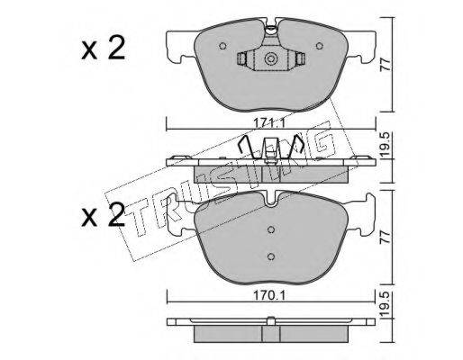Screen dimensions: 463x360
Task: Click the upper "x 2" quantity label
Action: tap(103, 49)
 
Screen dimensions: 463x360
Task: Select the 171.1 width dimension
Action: tap(268, 122)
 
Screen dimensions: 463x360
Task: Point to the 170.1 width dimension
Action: tap(268, 296)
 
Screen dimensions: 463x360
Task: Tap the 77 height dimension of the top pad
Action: tap(386, 65)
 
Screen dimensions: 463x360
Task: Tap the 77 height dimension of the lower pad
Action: tap(386, 237)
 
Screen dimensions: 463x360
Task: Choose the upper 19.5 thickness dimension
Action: tap(386, 144)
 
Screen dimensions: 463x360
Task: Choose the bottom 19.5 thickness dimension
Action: tap(386, 304)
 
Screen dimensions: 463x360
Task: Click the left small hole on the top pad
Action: tap(222, 46)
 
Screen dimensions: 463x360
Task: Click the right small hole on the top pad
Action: tap(320, 46)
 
